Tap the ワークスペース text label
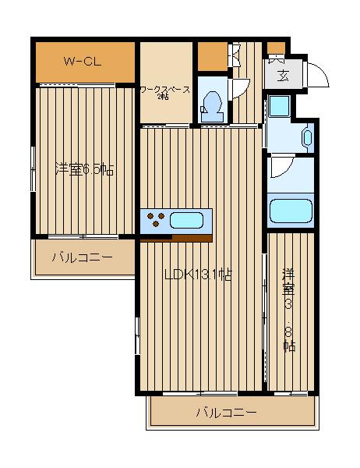165,90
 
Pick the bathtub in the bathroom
290,212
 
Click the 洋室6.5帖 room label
84,169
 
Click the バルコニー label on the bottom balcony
226,412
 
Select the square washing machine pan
278,107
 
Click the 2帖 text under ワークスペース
163,97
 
